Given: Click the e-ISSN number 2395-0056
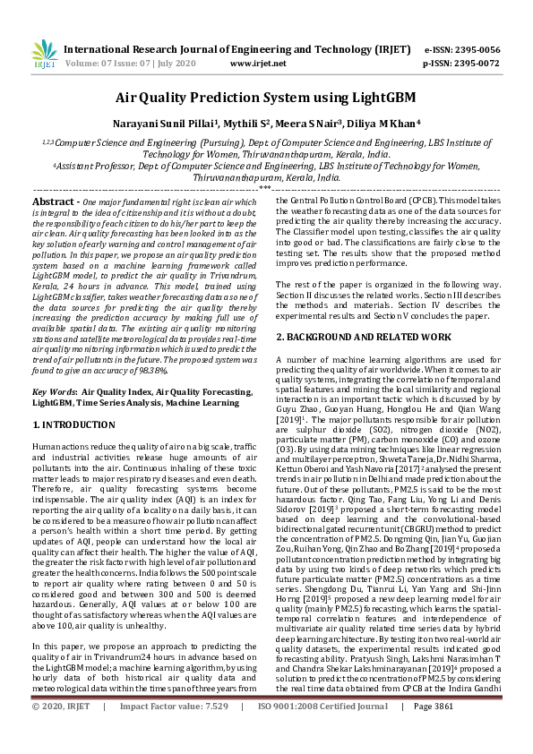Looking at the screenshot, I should [x=478, y=49].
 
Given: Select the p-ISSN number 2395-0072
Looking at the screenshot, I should [x=478, y=64].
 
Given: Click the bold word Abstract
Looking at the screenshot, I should [x=55, y=204].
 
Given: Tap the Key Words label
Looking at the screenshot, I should [x=53, y=392].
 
